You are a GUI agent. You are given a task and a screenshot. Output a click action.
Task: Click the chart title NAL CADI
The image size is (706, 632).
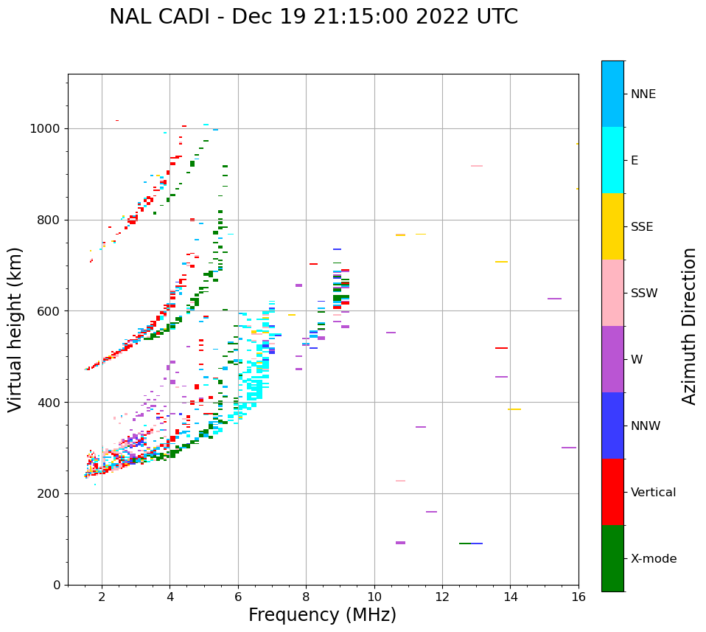[x=313, y=17]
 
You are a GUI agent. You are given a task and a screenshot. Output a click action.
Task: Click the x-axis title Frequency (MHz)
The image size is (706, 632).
[x=322, y=615]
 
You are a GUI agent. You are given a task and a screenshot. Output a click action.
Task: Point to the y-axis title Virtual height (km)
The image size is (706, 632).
[x=15, y=329]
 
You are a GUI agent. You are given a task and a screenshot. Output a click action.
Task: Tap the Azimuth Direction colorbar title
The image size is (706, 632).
[x=689, y=326]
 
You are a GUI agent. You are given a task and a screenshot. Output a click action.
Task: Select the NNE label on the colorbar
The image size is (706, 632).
[x=643, y=94]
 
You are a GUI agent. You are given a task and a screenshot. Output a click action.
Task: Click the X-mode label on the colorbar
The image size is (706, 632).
[x=653, y=559]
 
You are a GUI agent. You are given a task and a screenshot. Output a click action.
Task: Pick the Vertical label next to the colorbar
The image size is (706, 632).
[x=653, y=493]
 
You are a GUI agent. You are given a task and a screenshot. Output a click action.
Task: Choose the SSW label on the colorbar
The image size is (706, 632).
[x=644, y=294]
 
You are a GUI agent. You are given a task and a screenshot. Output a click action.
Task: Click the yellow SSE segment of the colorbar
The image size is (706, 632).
[x=612, y=226]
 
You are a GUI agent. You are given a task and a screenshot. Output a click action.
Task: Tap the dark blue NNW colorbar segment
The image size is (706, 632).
[x=612, y=426]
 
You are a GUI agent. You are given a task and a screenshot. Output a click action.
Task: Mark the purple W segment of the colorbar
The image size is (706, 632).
[x=612, y=359]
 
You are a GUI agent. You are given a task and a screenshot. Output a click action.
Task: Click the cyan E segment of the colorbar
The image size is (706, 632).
[x=612, y=160]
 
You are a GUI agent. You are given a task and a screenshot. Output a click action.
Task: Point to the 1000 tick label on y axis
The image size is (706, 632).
[x=46, y=129]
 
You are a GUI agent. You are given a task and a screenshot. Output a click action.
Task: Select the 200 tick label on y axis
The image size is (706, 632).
[x=49, y=494]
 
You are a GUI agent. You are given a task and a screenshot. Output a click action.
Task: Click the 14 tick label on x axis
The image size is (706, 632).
[x=510, y=597]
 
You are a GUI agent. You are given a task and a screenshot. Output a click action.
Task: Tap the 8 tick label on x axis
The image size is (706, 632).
[x=306, y=597]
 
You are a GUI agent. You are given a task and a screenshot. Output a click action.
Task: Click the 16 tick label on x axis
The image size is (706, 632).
[x=578, y=597]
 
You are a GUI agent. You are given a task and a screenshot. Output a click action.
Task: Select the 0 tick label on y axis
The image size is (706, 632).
[x=57, y=585]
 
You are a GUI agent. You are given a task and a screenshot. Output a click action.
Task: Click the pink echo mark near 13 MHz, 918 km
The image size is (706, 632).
[x=477, y=166]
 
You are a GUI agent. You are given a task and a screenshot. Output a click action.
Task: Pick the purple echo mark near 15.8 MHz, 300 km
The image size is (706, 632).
[x=568, y=448]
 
